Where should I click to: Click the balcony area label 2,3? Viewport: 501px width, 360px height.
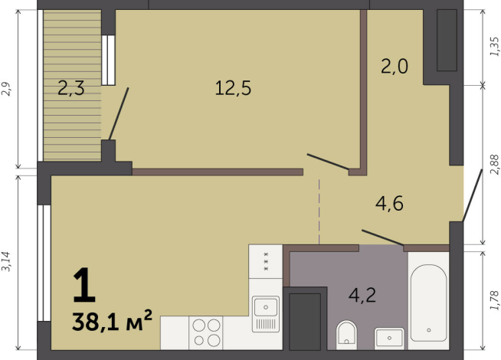[71, 88]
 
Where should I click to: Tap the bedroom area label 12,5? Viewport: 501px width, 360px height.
[233, 88]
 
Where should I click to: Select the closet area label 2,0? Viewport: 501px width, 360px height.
[395, 67]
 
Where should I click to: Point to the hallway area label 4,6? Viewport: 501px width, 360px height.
[389, 203]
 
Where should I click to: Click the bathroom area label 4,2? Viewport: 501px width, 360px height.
[362, 295]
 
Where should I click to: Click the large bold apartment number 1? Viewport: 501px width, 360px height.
[84, 286]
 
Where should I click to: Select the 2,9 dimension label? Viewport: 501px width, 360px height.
[6, 89]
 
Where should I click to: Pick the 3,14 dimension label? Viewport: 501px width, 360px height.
[6, 262]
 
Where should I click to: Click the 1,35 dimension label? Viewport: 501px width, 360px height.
[494, 47]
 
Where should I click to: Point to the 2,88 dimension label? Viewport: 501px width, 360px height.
[494, 165]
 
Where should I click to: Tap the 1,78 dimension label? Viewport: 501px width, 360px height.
[494, 300]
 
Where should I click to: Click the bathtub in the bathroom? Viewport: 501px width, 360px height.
[429, 303]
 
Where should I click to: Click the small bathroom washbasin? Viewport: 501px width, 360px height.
[389, 338]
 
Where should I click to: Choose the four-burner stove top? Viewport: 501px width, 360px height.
[206, 332]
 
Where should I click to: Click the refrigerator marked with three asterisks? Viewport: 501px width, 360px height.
[266, 261]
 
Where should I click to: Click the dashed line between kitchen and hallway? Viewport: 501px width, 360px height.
[319, 211]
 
